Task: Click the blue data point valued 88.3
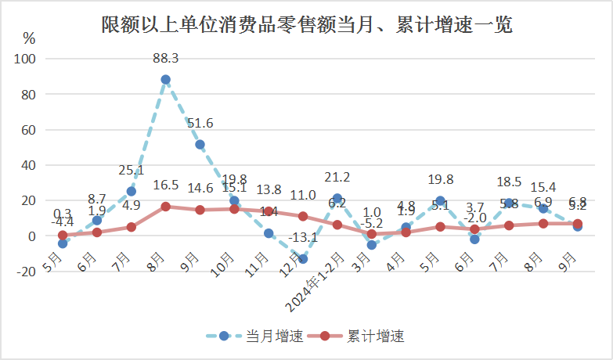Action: pos(166,79)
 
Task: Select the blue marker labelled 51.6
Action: pos(200,144)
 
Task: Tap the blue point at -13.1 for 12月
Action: pos(303,259)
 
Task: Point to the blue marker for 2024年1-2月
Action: pos(337,198)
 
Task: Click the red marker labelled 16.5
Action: pos(166,207)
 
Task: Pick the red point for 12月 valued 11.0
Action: pos(303,216)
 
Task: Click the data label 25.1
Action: pos(132,171)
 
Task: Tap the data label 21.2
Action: pos(337,178)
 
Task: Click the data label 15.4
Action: pos(543,187)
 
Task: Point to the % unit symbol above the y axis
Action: pos(29,38)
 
